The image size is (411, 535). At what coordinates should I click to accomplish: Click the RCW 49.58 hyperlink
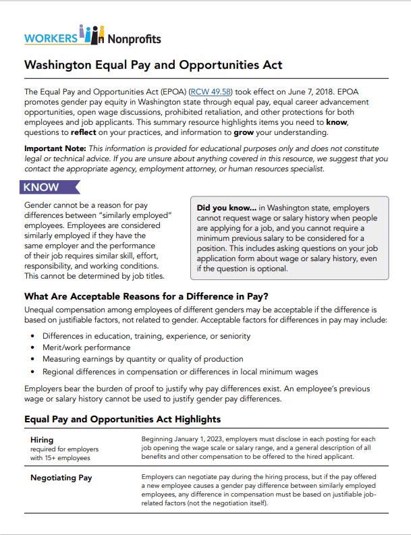[213, 91]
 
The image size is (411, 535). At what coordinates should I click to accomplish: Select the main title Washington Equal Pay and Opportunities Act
[153, 65]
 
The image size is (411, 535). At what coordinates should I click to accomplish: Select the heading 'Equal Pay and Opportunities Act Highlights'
[122, 419]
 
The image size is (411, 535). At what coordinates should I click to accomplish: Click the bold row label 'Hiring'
[43, 440]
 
